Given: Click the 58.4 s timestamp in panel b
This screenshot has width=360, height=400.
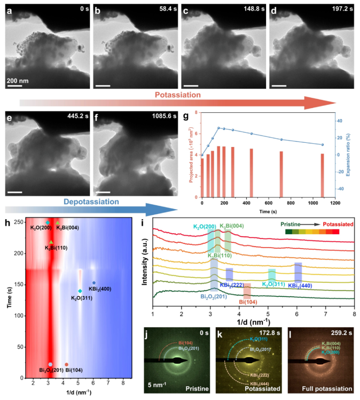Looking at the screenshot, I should (162, 11).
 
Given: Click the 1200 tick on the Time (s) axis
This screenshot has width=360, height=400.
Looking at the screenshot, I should (335, 204).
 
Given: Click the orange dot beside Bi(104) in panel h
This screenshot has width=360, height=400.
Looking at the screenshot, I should (66, 365).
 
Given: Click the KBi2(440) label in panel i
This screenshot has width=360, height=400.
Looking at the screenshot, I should (300, 286).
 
